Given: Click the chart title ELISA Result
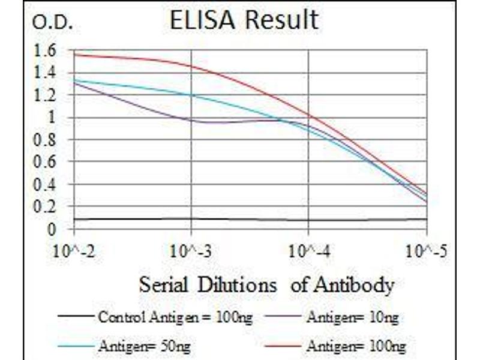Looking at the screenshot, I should click(244, 20).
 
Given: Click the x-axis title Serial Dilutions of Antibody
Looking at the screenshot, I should click(266, 284).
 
